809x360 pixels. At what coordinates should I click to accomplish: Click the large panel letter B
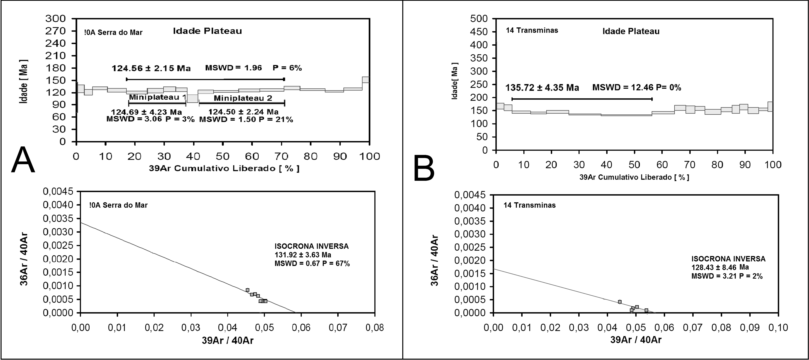424,169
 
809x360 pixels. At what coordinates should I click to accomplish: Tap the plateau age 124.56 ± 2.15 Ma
151,68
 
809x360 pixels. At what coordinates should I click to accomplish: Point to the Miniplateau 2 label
243,98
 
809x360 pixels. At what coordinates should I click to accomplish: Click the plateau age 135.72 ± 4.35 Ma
542,88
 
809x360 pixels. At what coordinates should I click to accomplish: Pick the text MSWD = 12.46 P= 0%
637,88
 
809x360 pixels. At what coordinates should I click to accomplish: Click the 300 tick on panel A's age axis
56,19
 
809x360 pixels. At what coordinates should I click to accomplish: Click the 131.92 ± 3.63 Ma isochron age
303,255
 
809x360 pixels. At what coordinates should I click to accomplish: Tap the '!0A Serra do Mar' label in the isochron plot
118,205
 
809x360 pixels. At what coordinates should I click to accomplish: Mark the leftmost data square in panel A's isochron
247,290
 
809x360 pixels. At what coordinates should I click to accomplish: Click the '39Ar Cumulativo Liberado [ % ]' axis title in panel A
224,169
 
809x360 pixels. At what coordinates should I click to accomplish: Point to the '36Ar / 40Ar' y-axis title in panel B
434,260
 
